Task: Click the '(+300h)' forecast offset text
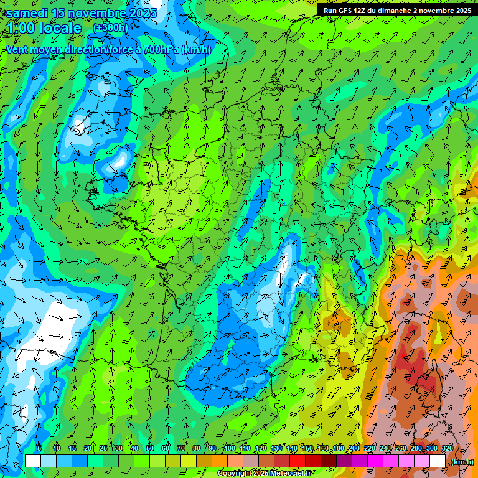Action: click(x=111, y=28)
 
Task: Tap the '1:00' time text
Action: click(x=21, y=28)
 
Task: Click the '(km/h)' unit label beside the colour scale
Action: click(x=462, y=462)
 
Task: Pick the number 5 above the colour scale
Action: click(x=39, y=448)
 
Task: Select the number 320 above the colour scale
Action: click(x=447, y=448)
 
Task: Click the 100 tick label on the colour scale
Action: click(x=229, y=448)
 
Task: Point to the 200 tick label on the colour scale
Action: click(x=354, y=448)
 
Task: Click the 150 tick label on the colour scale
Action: click(x=307, y=448)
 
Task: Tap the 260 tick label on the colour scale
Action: click(x=400, y=448)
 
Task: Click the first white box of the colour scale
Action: click(x=32, y=461)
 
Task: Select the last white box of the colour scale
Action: click(x=438, y=461)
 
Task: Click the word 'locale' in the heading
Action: click(x=60, y=28)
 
